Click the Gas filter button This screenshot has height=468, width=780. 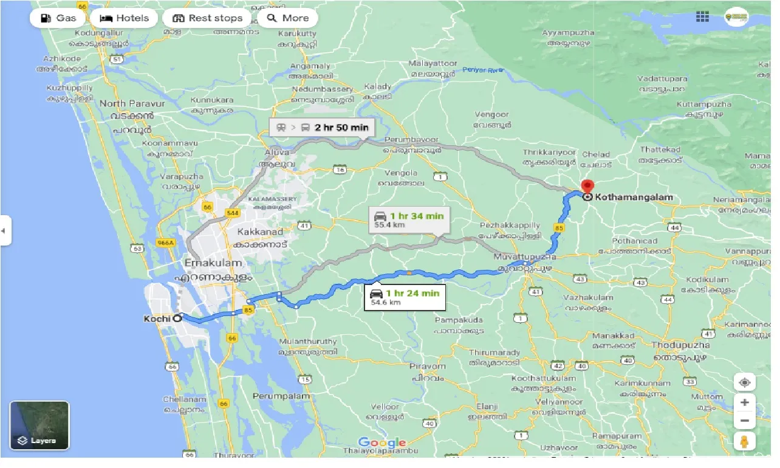(x=58, y=18)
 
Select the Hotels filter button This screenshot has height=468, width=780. (x=124, y=18)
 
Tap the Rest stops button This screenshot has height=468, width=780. (x=207, y=18)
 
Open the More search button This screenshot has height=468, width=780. (x=287, y=18)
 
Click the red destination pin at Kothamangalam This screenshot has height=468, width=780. (x=587, y=187)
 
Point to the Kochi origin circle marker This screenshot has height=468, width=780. (x=177, y=317)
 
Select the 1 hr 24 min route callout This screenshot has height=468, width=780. (x=405, y=297)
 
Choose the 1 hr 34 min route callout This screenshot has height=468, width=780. (x=409, y=219)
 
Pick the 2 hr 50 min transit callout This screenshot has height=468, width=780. (x=322, y=128)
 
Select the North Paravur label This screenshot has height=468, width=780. (x=132, y=103)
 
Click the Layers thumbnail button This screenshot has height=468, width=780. (x=39, y=425)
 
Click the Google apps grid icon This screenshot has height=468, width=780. (x=702, y=17)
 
